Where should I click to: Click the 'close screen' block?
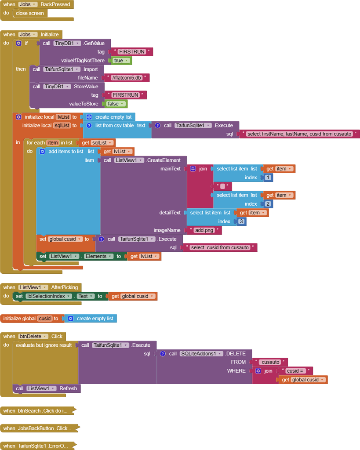point(30,13)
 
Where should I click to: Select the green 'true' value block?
point(120,61)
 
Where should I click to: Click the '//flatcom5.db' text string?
point(127,78)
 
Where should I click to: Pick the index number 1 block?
point(268,178)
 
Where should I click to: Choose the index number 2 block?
point(268,204)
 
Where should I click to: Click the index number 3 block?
point(241,221)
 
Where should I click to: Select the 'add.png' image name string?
point(204,230)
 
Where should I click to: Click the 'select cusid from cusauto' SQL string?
point(220,247)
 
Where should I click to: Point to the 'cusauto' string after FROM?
point(270,362)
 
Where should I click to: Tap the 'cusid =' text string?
point(295,371)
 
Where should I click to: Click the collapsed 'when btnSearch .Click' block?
point(37,411)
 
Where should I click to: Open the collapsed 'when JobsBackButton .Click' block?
point(39,428)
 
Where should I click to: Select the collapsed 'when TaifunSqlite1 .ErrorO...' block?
point(37,446)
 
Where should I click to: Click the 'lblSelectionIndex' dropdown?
point(48,296)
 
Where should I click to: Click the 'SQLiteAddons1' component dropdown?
point(201,354)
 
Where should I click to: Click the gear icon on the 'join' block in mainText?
point(193,169)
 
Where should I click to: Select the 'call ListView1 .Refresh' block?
point(47,388)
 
